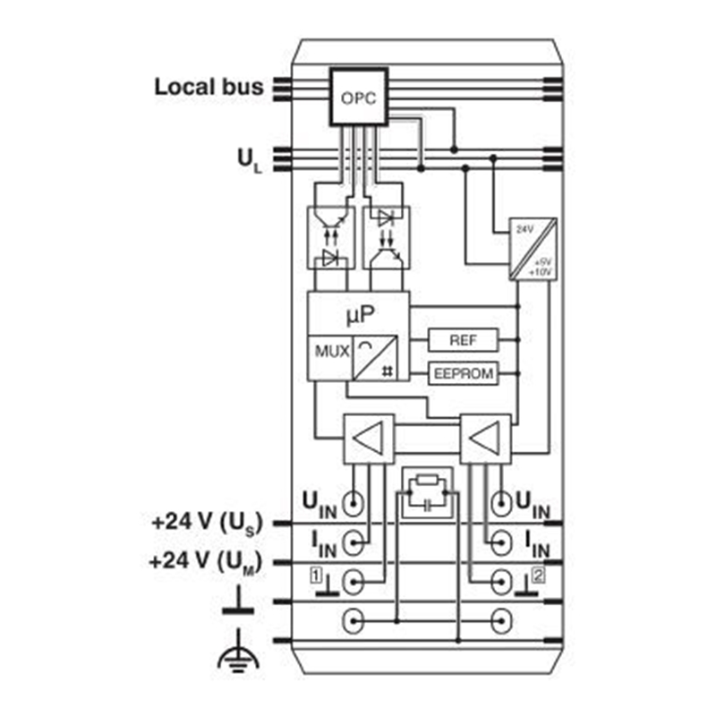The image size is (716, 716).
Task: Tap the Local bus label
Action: pyautogui.click(x=209, y=87)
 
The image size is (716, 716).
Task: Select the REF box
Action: pyautogui.click(x=463, y=341)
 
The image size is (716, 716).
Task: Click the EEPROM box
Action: pyautogui.click(x=463, y=373)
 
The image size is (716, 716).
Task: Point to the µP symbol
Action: pyautogui.click(x=359, y=314)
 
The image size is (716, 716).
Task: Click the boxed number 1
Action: pyautogui.click(x=315, y=573)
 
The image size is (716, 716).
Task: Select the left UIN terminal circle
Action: pyautogui.click(x=355, y=502)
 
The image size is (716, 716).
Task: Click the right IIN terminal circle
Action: pyautogui.click(x=499, y=541)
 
